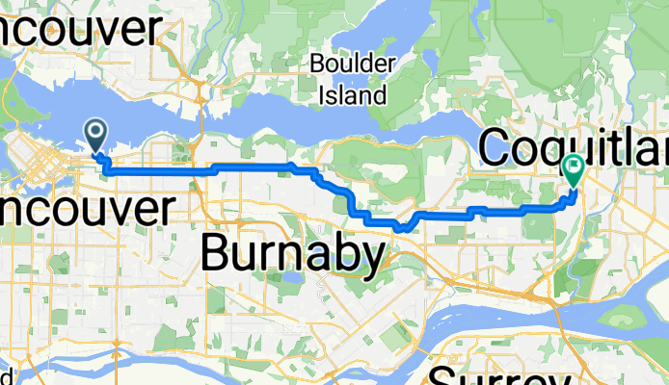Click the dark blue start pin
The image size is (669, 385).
(96, 134)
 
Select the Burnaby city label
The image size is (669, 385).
(295, 252)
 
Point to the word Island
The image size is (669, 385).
(353, 94)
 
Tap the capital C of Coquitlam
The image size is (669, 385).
(497, 147)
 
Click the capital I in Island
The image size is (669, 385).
(322, 94)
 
